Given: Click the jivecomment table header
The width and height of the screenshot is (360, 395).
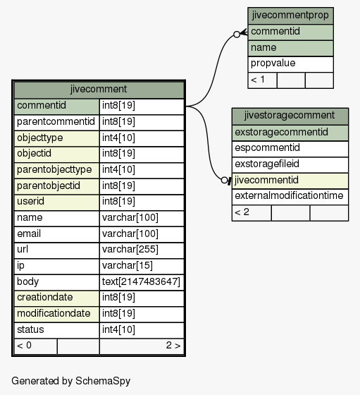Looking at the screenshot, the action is pyautogui.click(x=99, y=90).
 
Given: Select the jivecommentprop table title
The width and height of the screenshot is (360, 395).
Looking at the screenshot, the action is pyautogui.click(x=290, y=16).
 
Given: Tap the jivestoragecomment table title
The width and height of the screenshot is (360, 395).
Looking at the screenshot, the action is pyautogui.click(x=290, y=116).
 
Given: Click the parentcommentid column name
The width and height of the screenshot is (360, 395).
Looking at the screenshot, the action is pyautogui.click(x=56, y=122).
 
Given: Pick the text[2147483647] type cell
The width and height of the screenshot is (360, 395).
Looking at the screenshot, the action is pyautogui.click(x=142, y=282).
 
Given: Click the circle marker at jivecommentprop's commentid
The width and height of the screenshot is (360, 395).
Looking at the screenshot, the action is pyautogui.click(x=237, y=35).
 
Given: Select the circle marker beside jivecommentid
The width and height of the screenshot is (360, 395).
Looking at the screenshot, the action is pyautogui.click(x=224, y=181).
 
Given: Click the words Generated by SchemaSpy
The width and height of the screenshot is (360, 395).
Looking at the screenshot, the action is pyautogui.click(x=70, y=381).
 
